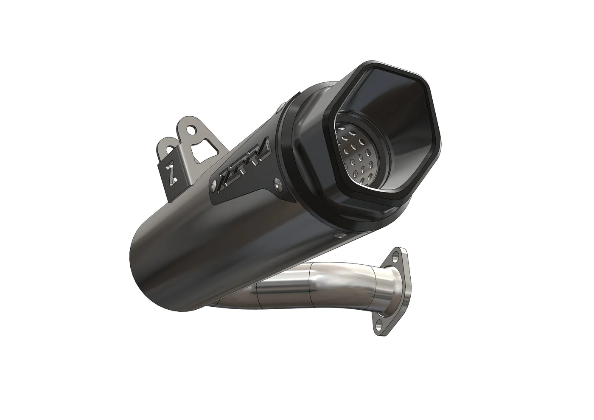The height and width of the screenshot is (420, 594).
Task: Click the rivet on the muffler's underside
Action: click(x=337, y=235)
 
